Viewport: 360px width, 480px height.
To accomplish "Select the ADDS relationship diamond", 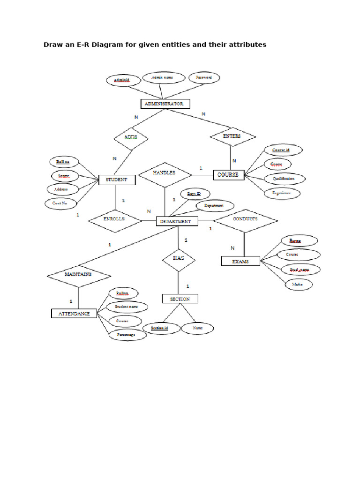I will (x=131, y=137).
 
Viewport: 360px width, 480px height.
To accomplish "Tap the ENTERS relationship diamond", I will (x=232, y=136).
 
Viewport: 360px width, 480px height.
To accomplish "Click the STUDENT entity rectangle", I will (x=116, y=180).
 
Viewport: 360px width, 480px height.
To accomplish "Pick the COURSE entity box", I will (x=228, y=175).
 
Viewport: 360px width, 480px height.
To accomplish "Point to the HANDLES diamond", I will (x=165, y=173).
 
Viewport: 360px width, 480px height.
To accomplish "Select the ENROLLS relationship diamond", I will (x=115, y=219).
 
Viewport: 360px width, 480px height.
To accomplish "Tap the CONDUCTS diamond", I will (x=245, y=219).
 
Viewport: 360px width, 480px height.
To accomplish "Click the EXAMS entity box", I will (x=240, y=261).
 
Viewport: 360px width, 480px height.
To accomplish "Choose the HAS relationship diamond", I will (x=178, y=258).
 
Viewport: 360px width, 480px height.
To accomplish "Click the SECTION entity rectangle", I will (x=180, y=299).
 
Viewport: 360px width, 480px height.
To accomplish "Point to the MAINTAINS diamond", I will (x=78, y=274).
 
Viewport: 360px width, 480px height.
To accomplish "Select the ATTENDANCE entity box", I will (x=74, y=313).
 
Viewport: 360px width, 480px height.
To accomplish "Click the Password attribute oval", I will (x=204, y=77).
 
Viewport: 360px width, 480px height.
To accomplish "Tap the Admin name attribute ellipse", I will (x=162, y=77).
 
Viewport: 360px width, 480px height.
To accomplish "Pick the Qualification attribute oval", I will (x=284, y=179).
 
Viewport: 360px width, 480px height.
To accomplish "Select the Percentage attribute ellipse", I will (x=126, y=335).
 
